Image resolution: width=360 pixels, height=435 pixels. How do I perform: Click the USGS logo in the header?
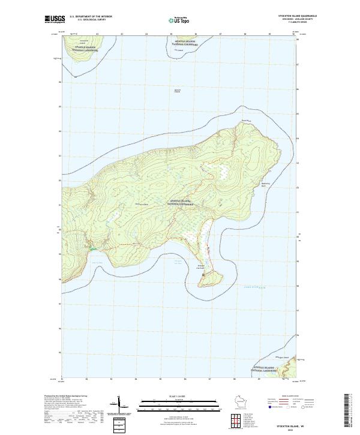[52, 19]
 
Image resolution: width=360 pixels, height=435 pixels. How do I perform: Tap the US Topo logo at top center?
[180, 20]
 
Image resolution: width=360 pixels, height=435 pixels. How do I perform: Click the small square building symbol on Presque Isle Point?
[203, 275]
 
